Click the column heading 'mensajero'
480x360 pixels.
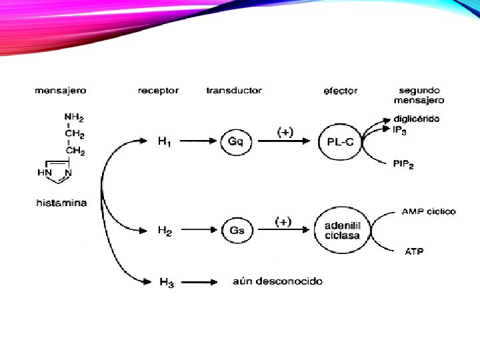click(x=60, y=90)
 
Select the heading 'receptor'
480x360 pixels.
click(x=158, y=90)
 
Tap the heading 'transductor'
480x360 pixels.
click(x=234, y=90)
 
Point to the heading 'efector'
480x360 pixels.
click(x=340, y=90)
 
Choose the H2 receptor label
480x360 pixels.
click(x=165, y=230)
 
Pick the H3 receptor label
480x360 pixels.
click(x=167, y=282)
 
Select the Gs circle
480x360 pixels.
click(x=237, y=230)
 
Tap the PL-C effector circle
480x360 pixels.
click(x=340, y=141)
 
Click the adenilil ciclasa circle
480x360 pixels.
click(x=341, y=230)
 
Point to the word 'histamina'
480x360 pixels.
click(x=61, y=203)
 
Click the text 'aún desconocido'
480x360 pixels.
click(x=277, y=281)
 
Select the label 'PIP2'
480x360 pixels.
click(x=403, y=165)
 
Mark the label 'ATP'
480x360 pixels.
click(x=413, y=251)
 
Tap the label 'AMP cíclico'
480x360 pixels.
click(x=429, y=211)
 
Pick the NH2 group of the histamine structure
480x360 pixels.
click(x=74, y=118)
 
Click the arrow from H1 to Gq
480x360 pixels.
click(x=197, y=141)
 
